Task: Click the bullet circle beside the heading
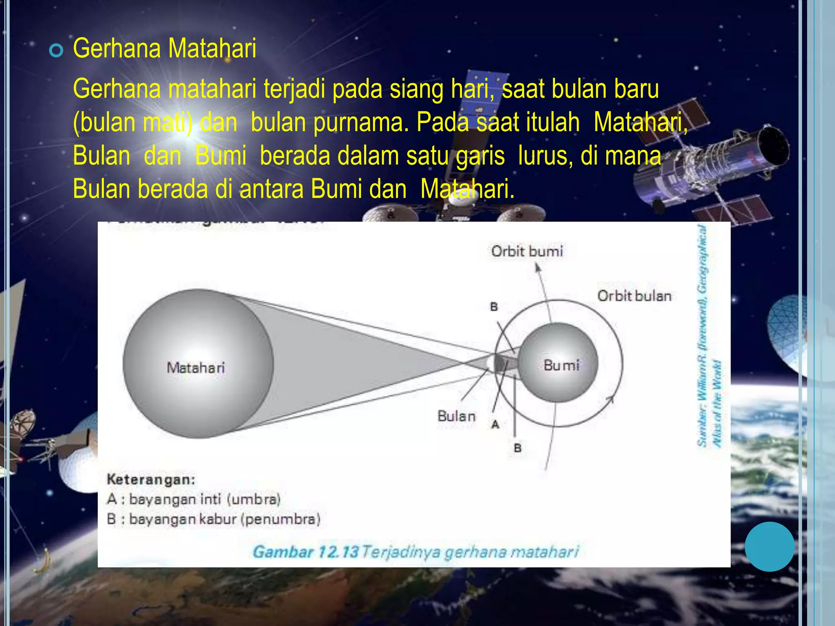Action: click(x=56, y=51)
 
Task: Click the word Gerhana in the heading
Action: click(x=117, y=48)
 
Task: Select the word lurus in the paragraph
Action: click(x=542, y=156)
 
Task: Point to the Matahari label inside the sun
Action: click(x=196, y=368)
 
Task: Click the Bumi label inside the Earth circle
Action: click(x=561, y=365)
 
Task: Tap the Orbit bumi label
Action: click(x=527, y=251)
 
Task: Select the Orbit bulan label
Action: click(x=634, y=296)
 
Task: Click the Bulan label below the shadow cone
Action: click(x=456, y=416)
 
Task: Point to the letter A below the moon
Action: click(x=495, y=425)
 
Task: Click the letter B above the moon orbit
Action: click(x=494, y=307)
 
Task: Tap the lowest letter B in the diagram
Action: click(x=518, y=448)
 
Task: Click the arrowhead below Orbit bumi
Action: click(x=538, y=267)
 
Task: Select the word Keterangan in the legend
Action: click(x=151, y=479)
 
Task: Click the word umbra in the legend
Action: click(x=254, y=499)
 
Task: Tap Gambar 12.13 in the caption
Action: click(x=305, y=552)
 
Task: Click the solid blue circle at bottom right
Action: click(x=769, y=547)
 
